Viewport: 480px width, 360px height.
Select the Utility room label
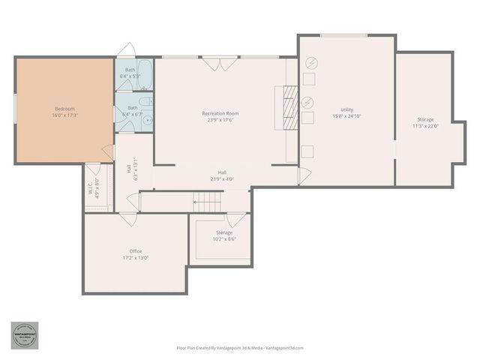[346, 109]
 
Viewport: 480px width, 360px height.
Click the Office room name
[135, 251]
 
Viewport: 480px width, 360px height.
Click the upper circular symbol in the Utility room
[310, 62]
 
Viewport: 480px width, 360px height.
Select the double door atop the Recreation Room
[220, 64]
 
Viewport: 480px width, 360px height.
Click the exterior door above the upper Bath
[127, 51]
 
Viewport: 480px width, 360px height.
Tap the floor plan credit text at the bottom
[240, 348]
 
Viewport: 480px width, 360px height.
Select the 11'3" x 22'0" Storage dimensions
[425, 126]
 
